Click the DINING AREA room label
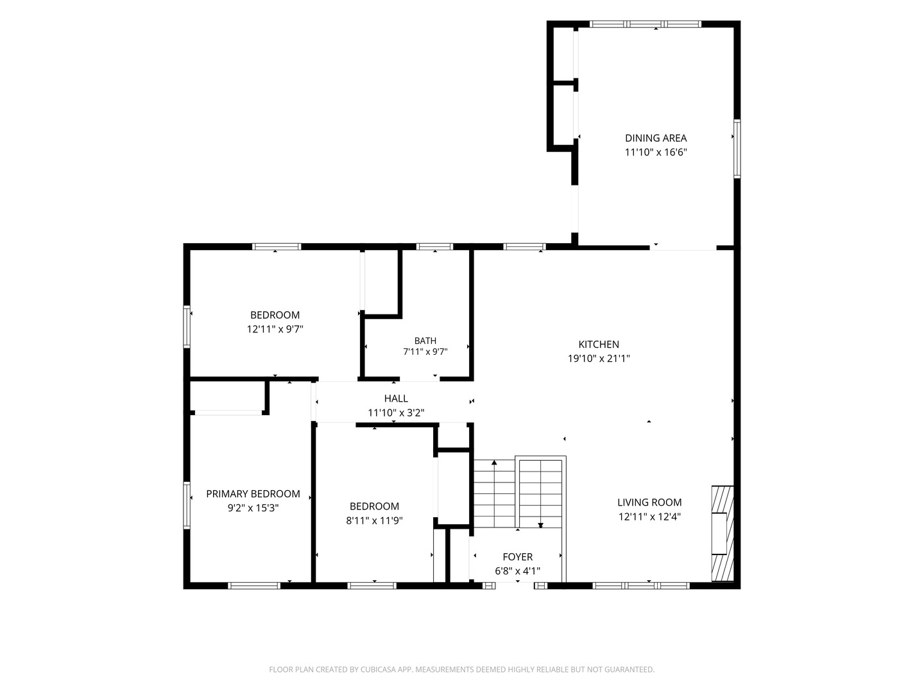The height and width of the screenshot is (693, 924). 655,138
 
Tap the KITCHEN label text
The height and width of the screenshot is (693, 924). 599,344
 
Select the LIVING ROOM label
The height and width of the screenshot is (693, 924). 649,502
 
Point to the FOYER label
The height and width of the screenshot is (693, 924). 517,557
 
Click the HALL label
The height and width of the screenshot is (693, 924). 396,398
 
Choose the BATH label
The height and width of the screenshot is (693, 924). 425,341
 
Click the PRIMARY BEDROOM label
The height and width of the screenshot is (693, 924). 253,493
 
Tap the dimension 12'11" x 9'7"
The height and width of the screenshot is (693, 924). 275,329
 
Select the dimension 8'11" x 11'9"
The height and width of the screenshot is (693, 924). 374,520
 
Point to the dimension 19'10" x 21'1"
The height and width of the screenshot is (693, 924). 599,359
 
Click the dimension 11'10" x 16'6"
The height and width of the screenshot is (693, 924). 655,152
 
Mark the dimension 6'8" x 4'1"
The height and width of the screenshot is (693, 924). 517,571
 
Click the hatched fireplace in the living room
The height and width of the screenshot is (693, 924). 723,533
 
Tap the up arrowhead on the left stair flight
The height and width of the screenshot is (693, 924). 494,463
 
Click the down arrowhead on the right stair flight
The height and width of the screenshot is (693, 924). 540,525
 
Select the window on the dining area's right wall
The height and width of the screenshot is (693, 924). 737,148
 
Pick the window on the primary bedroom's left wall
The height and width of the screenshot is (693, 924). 187,505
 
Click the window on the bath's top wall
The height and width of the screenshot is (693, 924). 434,246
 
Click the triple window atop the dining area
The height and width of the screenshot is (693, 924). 646,24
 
